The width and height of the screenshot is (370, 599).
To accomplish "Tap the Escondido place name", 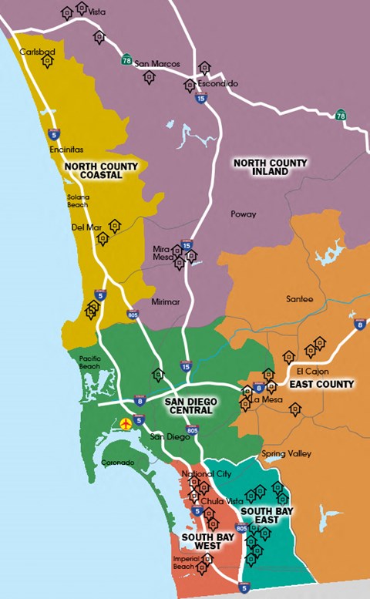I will pos(217,83).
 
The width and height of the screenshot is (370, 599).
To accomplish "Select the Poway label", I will pos(243,214).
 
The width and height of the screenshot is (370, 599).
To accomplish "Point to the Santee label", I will pos(300,299).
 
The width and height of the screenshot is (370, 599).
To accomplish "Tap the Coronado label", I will pos(118,463).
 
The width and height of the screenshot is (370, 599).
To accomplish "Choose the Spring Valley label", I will pos(286,454).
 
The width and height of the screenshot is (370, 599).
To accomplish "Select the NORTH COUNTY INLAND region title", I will pos(270,167).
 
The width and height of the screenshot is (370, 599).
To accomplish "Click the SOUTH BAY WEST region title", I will pos(201,541).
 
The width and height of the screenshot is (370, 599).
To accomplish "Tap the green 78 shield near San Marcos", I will pos(126,59).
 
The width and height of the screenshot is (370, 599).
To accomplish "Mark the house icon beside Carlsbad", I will pos(48,62).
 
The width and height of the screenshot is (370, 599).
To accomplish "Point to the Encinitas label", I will pos(66,150).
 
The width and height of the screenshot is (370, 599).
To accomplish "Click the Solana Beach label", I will pos(77,200).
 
